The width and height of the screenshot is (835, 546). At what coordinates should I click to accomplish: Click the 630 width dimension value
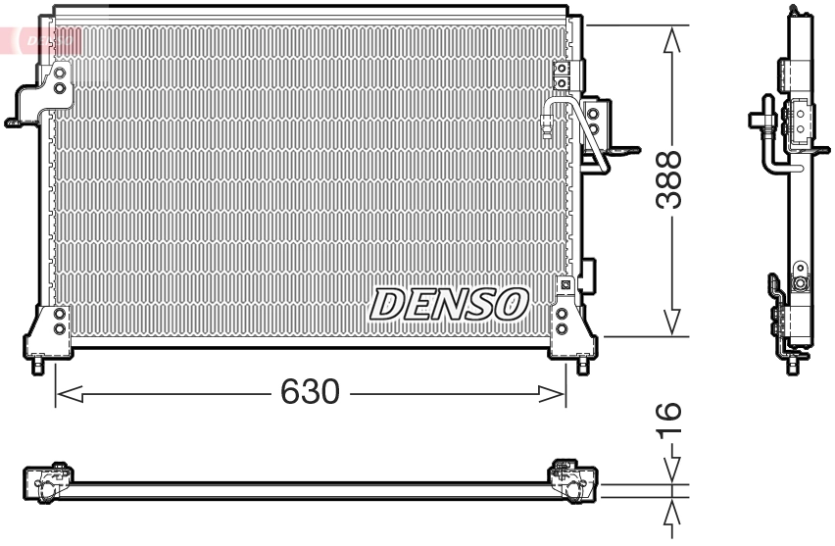(310, 393)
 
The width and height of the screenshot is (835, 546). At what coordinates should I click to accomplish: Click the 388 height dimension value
(670, 179)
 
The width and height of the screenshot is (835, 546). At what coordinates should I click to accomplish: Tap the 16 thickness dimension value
(670, 421)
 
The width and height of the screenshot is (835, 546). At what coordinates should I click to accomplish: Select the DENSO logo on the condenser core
(449, 304)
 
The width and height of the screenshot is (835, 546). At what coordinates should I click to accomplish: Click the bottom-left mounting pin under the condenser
(38, 366)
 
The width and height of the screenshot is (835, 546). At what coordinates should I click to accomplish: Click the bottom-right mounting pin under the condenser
(583, 366)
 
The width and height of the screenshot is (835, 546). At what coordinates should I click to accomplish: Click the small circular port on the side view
(800, 284)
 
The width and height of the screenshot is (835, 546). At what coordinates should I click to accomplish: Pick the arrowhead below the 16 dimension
(671, 516)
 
